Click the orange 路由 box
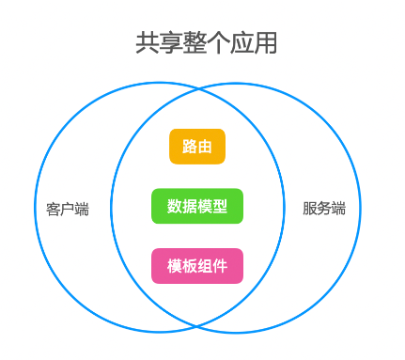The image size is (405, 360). click(x=197, y=147)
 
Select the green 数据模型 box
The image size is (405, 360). click(x=197, y=206)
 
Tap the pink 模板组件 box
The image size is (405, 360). click(x=197, y=266)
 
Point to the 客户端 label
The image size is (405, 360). click(x=68, y=209)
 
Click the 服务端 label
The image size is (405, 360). click(x=324, y=209)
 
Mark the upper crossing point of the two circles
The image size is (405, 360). click(x=197, y=93)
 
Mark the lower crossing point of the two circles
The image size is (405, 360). click(x=197, y=322)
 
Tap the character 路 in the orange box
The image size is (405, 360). click(x=190, y=147)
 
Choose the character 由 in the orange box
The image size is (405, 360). click(x=205, y=147)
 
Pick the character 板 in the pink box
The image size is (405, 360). click(x=190, y=266)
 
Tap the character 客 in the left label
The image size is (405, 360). click(x=54, y=209)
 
